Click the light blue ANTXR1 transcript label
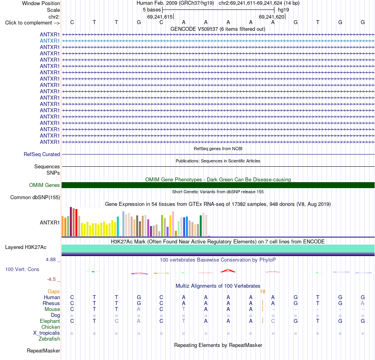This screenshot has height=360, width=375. [49, 41]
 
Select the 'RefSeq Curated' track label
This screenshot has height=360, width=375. [42, 155]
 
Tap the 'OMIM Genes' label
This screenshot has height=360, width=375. [44, 185]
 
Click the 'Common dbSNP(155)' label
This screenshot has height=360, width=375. [35, 198]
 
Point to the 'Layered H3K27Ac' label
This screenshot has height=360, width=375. [26, 247]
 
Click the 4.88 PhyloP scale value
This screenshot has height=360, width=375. [51, 260]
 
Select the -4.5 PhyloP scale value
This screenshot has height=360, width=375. [51, 279]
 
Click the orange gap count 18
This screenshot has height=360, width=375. [262, 292]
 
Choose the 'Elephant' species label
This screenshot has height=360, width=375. [50, 321]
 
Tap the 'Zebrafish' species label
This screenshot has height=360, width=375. [49, 339]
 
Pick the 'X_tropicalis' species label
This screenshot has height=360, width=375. [47, 333]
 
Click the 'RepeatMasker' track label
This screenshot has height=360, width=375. [43, 351]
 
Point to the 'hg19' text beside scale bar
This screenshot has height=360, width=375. [283, 10]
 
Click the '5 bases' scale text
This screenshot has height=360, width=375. [152, 10]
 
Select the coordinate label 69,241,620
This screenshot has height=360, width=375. [272, 17]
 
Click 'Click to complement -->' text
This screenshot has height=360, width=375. [32, 23]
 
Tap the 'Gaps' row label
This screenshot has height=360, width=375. [54, 292]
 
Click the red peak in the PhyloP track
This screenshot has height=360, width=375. [228, 271]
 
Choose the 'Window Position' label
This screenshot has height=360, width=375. [41, 3]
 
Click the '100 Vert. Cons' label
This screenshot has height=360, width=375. [22, 270]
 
